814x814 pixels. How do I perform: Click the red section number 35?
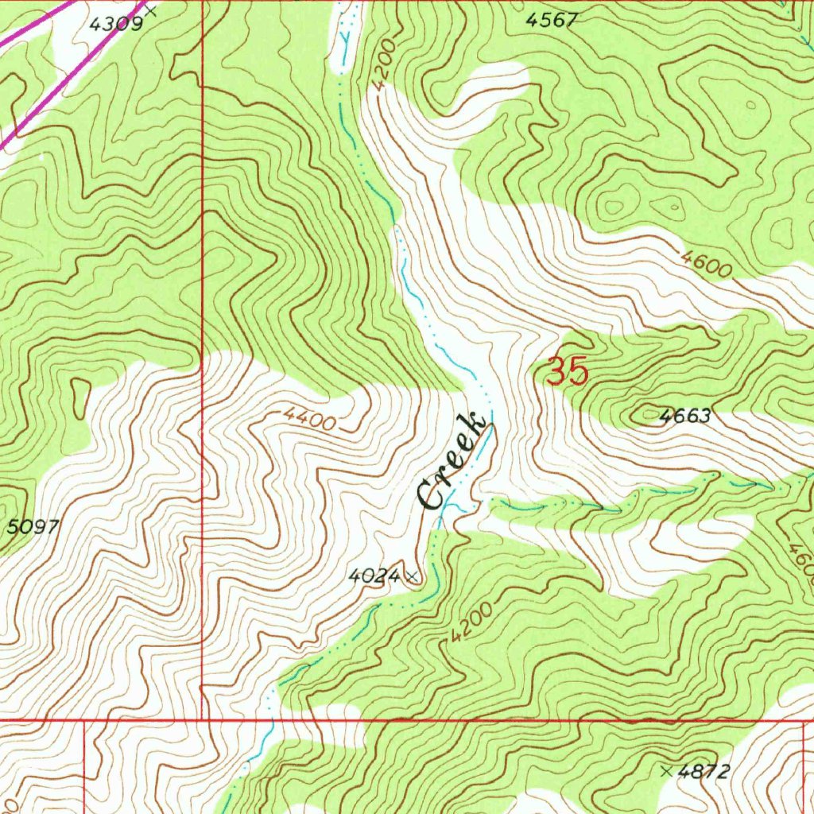click(x=568, y=371)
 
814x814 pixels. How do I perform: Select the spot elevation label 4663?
click(x=684, y=416)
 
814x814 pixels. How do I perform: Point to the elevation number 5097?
click(x=33, y=526)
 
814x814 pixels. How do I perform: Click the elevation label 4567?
click(x=551, y=21)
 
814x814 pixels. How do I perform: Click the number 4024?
click(x=374, y=576)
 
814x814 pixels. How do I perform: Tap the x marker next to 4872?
click(x=665, y=770)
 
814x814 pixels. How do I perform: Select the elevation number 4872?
click(x=704, y=771)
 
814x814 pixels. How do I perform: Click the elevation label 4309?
click(x=115, y=24)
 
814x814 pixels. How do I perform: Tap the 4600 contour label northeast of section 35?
click(x=706, y=264)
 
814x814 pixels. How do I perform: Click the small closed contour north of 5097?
click(x=80, y=395)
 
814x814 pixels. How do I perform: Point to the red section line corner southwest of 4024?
click(x=203, y=721)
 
